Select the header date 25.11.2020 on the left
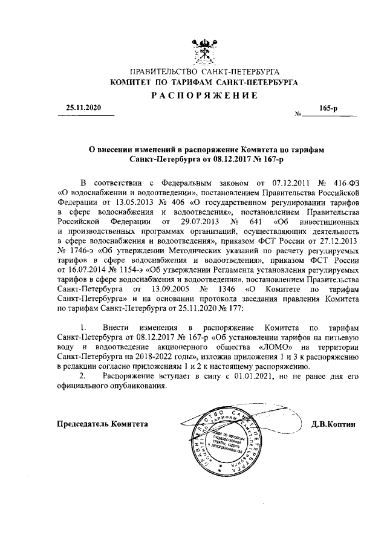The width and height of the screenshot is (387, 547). coord(84,107)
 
